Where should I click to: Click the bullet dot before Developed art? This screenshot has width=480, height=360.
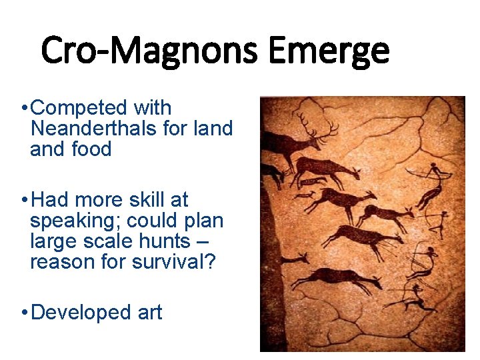[23, 312]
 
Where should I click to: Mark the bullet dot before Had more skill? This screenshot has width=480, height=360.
[23, 199]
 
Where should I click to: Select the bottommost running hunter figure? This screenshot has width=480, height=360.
[415, 300]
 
